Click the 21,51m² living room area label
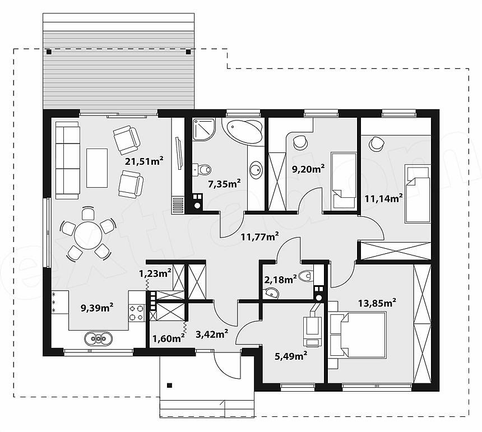tap(144, 161)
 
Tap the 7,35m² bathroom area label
tap(224, 184)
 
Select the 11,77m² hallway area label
tap(259, 236)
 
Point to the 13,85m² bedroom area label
tap(377, 303)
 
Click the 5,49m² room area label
tap(291, 356)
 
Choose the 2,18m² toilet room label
tap(280, 279)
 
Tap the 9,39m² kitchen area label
tap(97, 307)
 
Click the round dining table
tap(88, 235)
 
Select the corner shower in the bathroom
tap(204, 129)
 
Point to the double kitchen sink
tap(99, 338)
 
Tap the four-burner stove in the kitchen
tap(137, 313)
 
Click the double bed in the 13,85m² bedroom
tap(358, 335)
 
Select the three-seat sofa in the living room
tap(68, 160)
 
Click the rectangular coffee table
tap(97, 168)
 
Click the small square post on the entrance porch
tap(169, 385)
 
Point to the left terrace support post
tap(49, 52)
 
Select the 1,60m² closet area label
tap(169, 338)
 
